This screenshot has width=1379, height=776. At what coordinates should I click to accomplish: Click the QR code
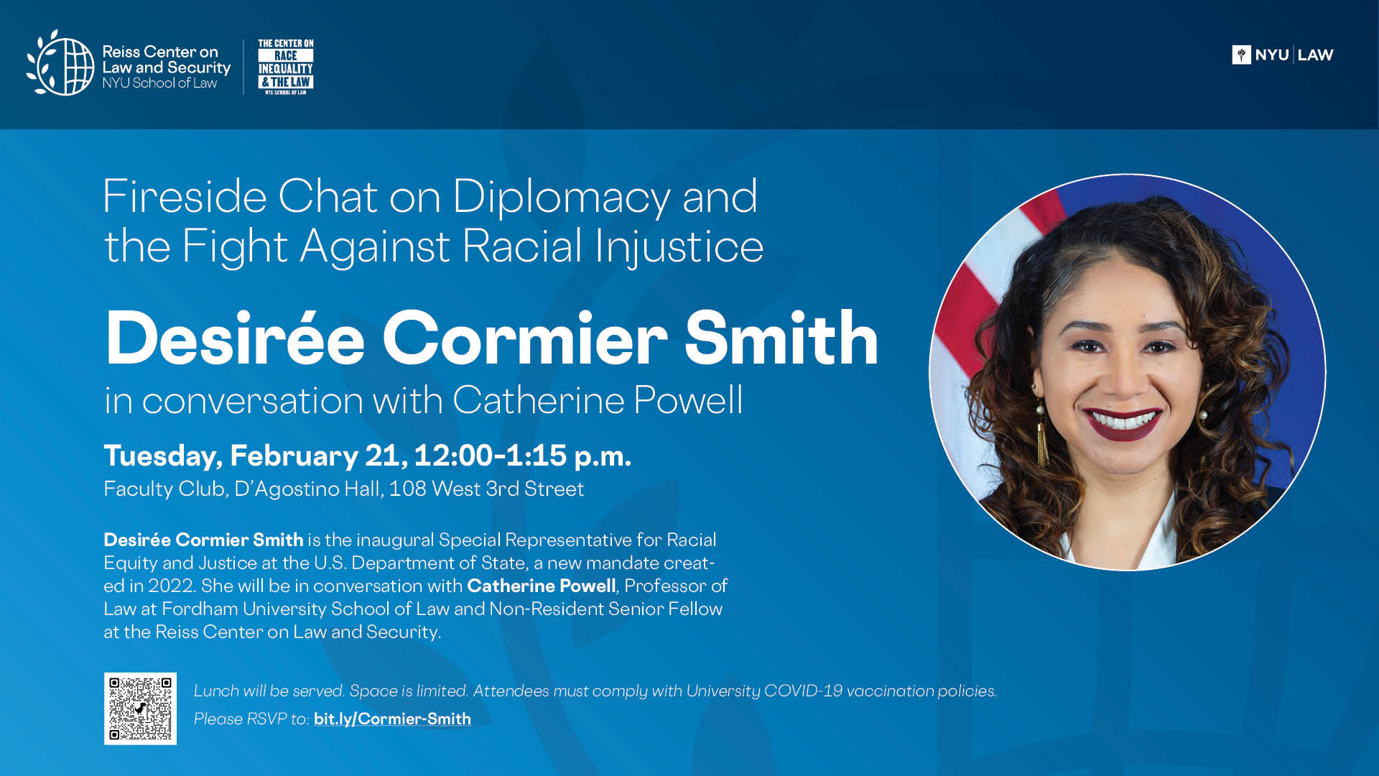(140, 708)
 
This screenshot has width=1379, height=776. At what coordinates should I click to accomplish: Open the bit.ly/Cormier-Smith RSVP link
(392, 719)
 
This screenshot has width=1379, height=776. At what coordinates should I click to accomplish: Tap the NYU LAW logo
(1283, 55)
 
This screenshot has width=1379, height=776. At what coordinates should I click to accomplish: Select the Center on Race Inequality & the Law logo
(286, 67)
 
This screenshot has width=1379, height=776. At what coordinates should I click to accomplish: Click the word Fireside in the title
(185, 196)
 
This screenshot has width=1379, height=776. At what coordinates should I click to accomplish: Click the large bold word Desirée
(236, 338)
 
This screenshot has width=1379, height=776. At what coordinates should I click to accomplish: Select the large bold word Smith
(781, 338)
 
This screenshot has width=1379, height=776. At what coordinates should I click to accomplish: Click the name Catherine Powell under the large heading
(598, 399)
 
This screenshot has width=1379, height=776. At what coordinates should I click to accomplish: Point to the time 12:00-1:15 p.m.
(522, 456)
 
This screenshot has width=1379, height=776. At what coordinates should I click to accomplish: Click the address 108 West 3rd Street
(486, 489)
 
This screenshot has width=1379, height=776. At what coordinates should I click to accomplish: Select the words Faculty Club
(166, 489)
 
